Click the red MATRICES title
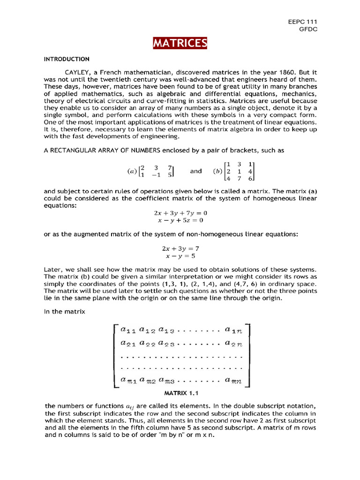click(x=180, y=44)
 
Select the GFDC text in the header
click(x=309, y=29)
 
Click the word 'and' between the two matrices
click(x=195, y=172)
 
